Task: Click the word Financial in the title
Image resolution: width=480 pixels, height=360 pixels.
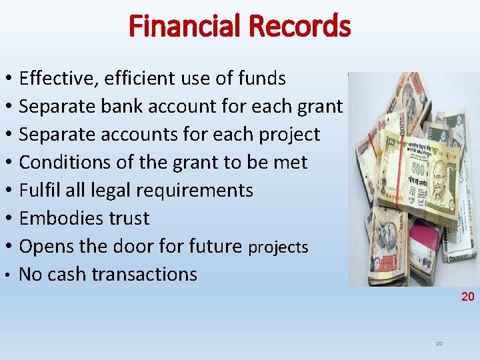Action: pyautogui.click(x=185, y=27)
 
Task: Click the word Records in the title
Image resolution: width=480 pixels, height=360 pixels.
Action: pyautogui.click(x=299, y=27)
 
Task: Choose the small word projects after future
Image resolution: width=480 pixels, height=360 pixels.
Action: pyautogui.click(x=278, y=248)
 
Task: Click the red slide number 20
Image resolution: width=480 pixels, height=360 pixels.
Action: pyautogui.click(x=467, y=297)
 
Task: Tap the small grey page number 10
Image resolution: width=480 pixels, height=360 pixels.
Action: pyautogui.click(x=439, y=343)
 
